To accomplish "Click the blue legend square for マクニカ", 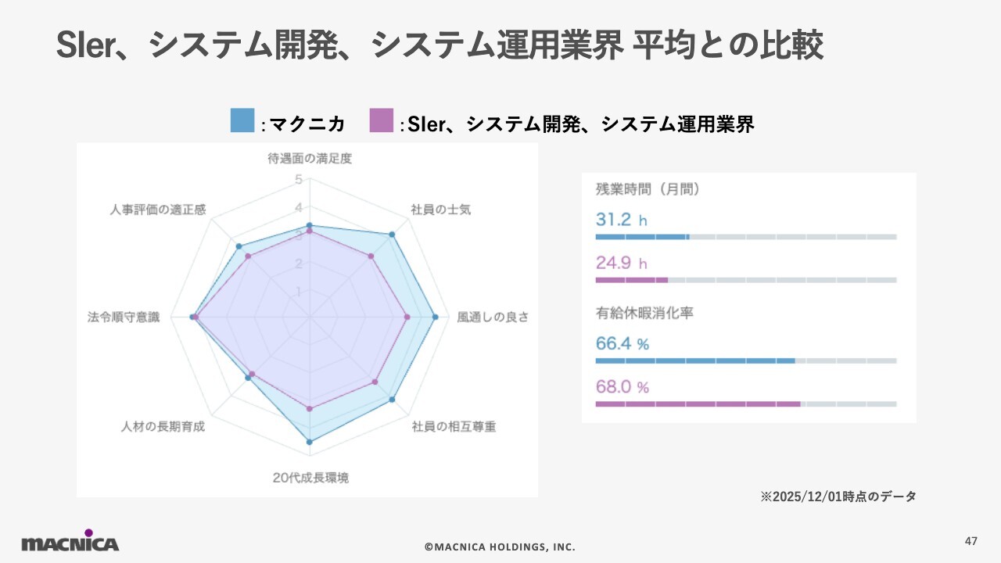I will (242, 121).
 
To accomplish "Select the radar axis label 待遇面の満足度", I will (310, 159).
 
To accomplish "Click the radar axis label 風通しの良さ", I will (493, 317).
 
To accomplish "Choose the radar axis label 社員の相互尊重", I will (454, 427).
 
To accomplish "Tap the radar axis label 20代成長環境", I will (310, 478).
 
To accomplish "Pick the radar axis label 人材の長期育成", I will (163, 427).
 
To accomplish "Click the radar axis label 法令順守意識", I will (124, 317).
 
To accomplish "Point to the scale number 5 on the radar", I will (298, 180).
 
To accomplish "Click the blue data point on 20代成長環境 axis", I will (310, 443).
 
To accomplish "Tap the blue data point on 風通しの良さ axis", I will (435, 317).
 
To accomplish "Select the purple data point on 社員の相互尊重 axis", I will (375, 382).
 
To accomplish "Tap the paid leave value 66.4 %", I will (622, 343).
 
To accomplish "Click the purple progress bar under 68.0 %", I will (698, 403).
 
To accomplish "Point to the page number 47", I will (971, 541).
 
